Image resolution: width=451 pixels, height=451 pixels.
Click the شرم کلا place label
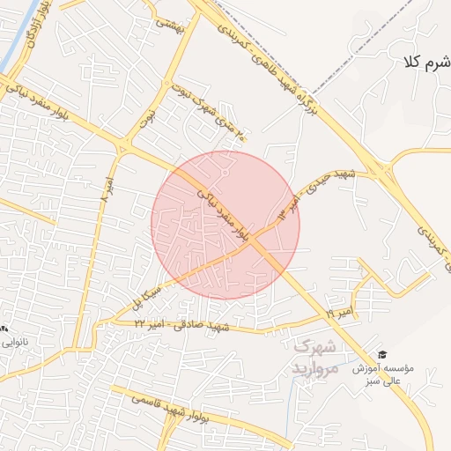click(x=425, y=62)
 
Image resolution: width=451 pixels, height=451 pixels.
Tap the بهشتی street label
click(x=170, y=25)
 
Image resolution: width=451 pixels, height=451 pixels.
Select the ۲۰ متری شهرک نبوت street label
click(x=218, y=117)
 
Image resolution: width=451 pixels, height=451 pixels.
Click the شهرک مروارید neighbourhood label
click(x=314, y=358)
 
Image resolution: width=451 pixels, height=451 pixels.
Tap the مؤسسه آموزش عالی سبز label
click(x=386, y=373)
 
